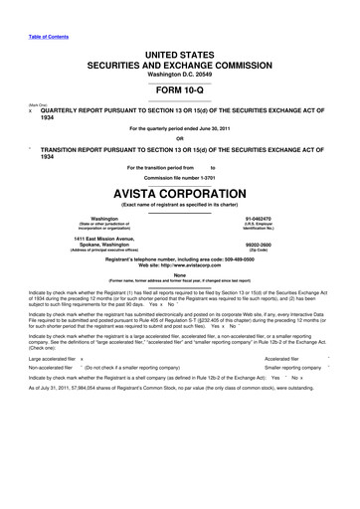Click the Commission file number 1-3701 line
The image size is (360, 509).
tap(179, 162)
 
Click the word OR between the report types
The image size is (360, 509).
tap(180, 138)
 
